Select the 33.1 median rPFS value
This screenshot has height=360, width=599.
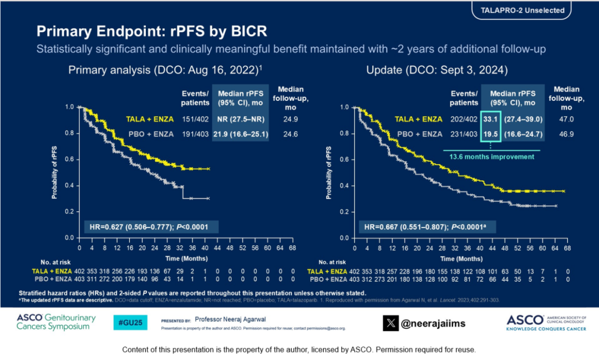491,119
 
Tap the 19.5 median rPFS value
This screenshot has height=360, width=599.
491,134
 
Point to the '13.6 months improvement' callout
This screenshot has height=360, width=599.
491,156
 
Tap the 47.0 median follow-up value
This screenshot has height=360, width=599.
566,119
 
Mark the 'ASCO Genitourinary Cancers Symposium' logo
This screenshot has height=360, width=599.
56,322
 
